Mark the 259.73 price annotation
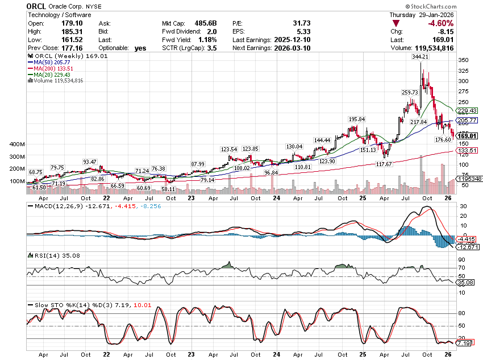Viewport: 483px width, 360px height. [410, 92]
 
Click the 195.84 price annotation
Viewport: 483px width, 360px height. [356, 119]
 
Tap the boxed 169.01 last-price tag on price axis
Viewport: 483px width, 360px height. [467, 136]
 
